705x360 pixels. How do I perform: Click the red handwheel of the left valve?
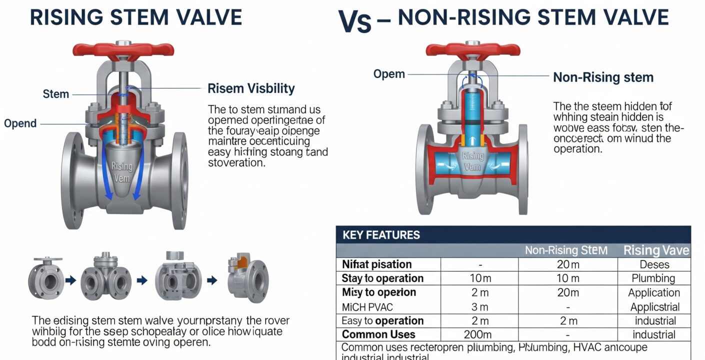pyautogui.click(x=123, y=49)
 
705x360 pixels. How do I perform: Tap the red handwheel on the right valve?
pyautogui.click(x=472, y=49)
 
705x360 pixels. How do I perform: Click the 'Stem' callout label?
pyautogui.click(x=56, y=94)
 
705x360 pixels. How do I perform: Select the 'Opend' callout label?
pyautogui.click(x=20, y=123)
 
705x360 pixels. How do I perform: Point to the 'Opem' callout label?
pyautogui.click(x=389, y=74)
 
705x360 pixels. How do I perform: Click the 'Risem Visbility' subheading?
pyautogui.click(x=251, y=88)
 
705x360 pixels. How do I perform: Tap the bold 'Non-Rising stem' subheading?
pyautogui.click(x=603, y=77)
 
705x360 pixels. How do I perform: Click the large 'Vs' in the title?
pyautogui.click(x=354, y=21)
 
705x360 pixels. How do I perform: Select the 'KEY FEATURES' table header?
pyautogui.click(x=381, y=234)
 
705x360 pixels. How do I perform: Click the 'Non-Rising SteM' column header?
pyautogui.click(x=566, y=250)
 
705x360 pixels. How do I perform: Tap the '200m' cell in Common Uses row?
pyautogui.click(x=478, y=335)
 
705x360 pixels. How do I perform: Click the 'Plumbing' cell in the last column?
pyautogui.click(x=653, y=278)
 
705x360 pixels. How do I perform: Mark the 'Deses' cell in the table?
pyautogui.click(x=654, y=264)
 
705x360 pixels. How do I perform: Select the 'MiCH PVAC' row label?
pyautogui.click(x=367, y=306)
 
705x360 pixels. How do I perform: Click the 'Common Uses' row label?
pyautogui.click(x=378, y=335)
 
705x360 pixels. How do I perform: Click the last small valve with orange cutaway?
pyautogui.click(x=248, y=277)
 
